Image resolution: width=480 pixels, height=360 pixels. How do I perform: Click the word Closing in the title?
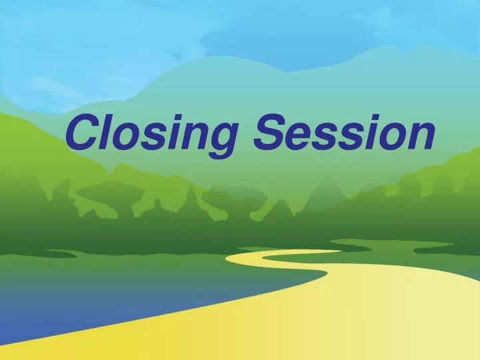[x=152, y=134]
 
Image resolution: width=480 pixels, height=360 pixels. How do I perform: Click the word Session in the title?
[x=345, y=133]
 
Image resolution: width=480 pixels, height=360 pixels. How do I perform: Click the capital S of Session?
[x=269, y=133]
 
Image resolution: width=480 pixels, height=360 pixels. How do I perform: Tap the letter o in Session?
[x=389, y=137]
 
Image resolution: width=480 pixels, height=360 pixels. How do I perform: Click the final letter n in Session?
[x=420, y=137]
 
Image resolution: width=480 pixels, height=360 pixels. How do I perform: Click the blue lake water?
[x=100, y=293]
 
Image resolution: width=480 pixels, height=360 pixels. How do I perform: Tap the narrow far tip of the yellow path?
[x=333, y=251]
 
